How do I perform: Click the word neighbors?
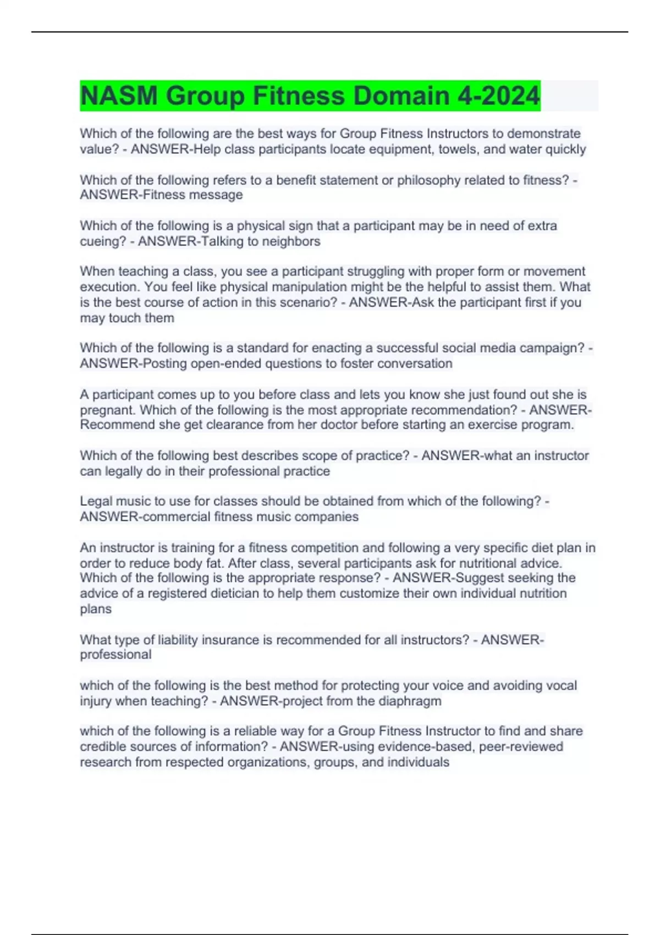[291, 241]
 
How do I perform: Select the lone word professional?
[116, 654]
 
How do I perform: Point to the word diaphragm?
[410, 701]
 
